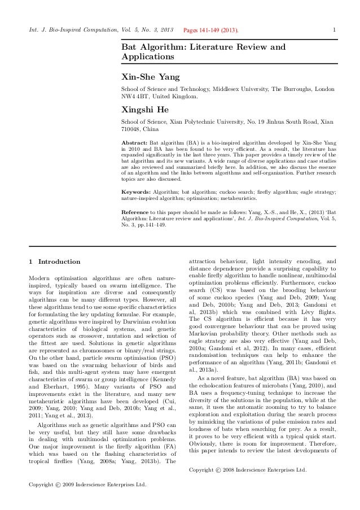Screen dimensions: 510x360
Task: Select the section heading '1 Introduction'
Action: pyautogui.click(x=54, y=261)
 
